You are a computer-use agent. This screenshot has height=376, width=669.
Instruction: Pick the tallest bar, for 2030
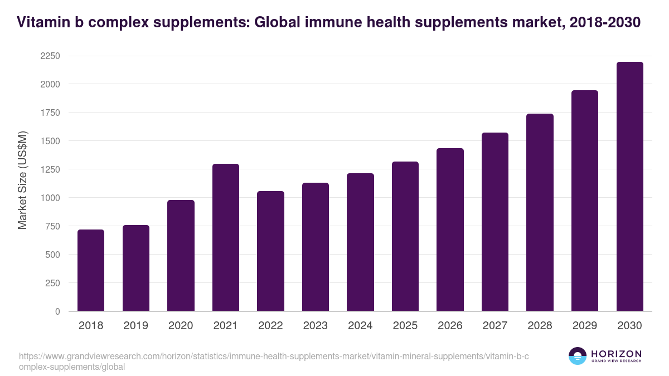(x=629, y=187)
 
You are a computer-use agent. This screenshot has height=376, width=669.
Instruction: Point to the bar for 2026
(x=450, y=229)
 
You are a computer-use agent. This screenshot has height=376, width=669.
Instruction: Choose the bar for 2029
(x=585, y=201)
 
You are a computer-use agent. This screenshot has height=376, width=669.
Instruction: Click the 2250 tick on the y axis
(x=50, y=56)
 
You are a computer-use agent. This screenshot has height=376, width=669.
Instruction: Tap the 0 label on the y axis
(x=57, y=311)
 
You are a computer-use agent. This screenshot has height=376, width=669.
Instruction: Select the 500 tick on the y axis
(x=52, y=255)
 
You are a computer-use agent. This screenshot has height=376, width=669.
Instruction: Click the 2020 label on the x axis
(x=181, y=326)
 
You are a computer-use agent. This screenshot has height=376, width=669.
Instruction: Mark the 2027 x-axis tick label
(x=495, y=326)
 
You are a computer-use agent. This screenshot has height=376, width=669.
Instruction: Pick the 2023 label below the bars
(x=316, y=326)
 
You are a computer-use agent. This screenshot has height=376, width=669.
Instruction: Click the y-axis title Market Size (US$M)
(x=23, y=179)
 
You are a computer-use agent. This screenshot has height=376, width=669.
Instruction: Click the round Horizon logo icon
(x=578, y=356)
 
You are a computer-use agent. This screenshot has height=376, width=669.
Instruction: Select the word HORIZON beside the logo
(x=616, y=353)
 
